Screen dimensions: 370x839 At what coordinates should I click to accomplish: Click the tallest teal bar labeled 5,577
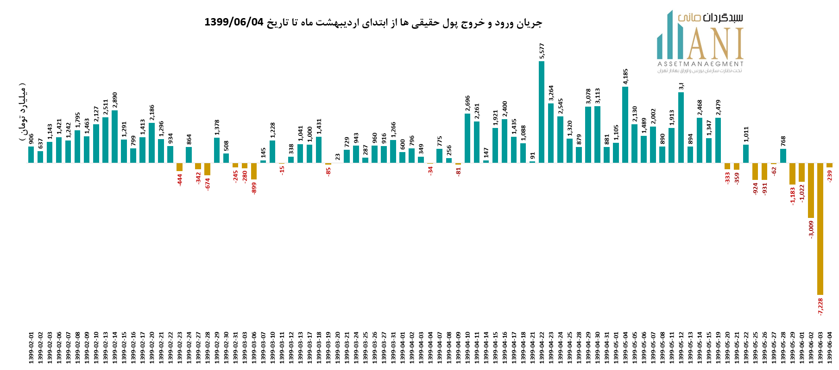click(542, 112)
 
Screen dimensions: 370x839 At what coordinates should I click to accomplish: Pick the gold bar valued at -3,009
click(811, 190)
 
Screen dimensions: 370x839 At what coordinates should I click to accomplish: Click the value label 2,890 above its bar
click(115, 100)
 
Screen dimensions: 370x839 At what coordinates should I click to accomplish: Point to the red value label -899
click(254, 188)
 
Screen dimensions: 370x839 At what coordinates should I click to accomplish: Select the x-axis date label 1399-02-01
click(32, 348)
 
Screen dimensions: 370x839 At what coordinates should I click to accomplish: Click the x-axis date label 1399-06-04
click(830, 348)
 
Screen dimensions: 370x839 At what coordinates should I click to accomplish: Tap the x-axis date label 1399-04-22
click(542, 348)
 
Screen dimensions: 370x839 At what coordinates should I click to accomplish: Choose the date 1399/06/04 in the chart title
click(233, 22)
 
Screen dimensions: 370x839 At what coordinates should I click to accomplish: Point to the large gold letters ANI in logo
click(715, 44)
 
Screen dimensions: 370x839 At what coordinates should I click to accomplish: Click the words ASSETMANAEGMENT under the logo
click(700, 64)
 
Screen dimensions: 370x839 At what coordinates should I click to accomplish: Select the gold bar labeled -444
click(180, 167)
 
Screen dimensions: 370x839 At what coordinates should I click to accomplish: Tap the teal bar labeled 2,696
click(467, 138)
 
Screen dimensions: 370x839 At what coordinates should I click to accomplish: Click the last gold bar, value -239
click(829, 165)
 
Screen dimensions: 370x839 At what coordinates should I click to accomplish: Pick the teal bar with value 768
click(783, 156)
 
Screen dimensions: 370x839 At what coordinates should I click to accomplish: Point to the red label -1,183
click(792, 195)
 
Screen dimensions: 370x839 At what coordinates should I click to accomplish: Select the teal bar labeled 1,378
click(217, 150)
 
